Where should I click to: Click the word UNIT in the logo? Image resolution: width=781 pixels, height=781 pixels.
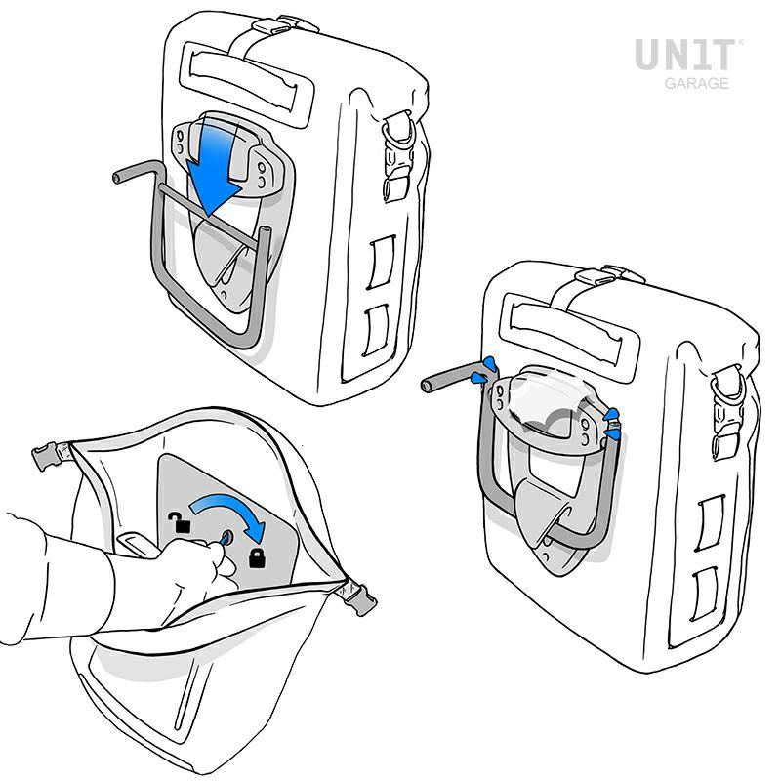coord(688,55)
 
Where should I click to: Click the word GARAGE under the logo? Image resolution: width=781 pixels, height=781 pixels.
coord(696,84)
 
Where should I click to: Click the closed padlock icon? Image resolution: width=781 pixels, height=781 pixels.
coord(258,559)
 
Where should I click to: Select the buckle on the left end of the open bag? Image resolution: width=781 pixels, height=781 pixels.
coord(47,456)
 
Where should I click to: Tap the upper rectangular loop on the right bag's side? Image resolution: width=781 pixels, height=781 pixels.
coord(710,518)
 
